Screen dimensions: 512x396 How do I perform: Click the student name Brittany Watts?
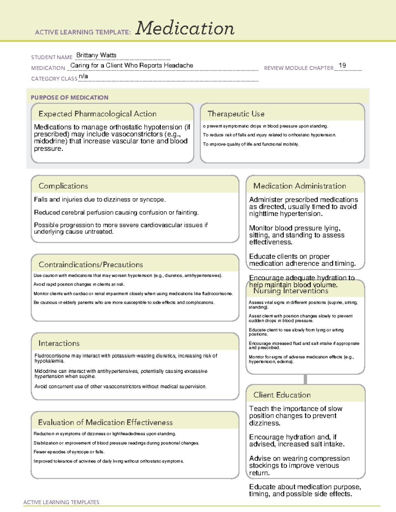click(96, 55)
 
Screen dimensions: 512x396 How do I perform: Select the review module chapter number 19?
click(342, 65)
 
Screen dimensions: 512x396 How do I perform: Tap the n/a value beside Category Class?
click(83, 76)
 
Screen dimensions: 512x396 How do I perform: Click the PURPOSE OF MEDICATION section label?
click(69, 98)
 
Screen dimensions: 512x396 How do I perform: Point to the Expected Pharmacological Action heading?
click(97, 114)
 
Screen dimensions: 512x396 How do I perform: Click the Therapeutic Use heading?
click(236, 114)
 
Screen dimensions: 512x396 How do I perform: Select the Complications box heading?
click(63, 186)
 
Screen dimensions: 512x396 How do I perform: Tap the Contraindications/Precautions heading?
click(90, 264)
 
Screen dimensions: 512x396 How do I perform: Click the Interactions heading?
click(59, 343)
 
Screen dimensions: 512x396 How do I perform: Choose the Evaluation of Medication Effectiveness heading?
click(105, 422)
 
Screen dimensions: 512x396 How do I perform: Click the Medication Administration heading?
click(299, 186)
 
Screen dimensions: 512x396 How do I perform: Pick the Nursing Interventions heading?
click(290, 291)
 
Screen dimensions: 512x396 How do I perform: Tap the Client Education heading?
click(282, 395)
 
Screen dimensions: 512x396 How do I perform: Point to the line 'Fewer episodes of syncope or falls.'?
click(69, 452)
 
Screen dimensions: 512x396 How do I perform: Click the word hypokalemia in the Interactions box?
click(49, 361)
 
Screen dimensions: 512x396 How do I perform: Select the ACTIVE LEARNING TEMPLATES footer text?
click(61, 502)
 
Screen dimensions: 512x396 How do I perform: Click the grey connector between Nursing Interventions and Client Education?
click(305, 379)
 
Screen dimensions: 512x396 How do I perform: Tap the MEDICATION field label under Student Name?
click(48, 68)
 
